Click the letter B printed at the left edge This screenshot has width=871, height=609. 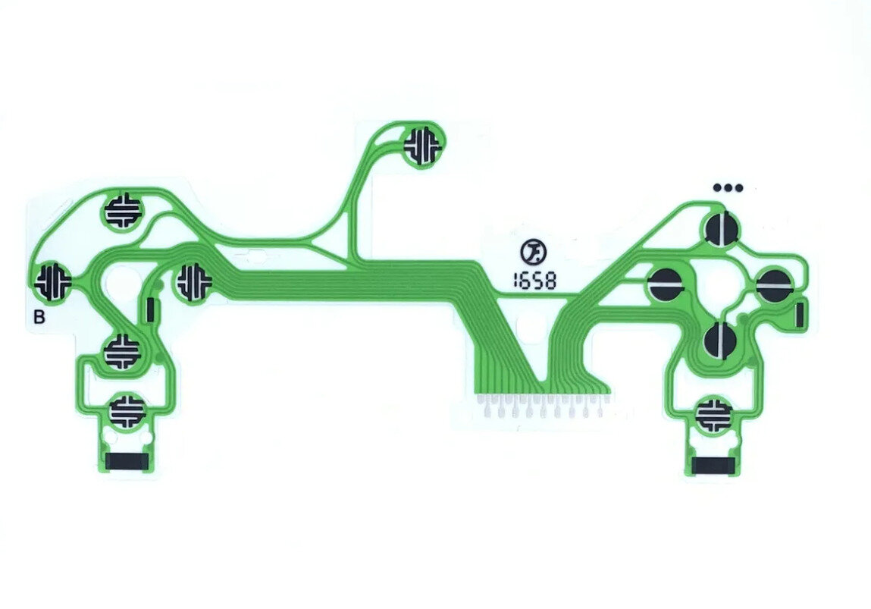(39, 317)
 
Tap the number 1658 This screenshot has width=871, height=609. (534, 281)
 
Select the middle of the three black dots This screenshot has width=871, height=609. (728, 188)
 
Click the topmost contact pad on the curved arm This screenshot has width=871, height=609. (425, 145)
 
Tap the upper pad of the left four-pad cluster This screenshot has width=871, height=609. (124, 212)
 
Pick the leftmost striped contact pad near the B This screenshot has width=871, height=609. (53, 281)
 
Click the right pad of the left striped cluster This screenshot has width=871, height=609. (194, 282)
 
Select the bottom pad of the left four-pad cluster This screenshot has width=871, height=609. (123, 351)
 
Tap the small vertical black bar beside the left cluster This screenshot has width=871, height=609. (150, 309)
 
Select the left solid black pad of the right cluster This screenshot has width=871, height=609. (666, 284)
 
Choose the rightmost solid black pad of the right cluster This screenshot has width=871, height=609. (776, 284)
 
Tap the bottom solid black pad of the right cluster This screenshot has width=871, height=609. (721, 340)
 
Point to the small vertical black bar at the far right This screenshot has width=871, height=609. (800, 314)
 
